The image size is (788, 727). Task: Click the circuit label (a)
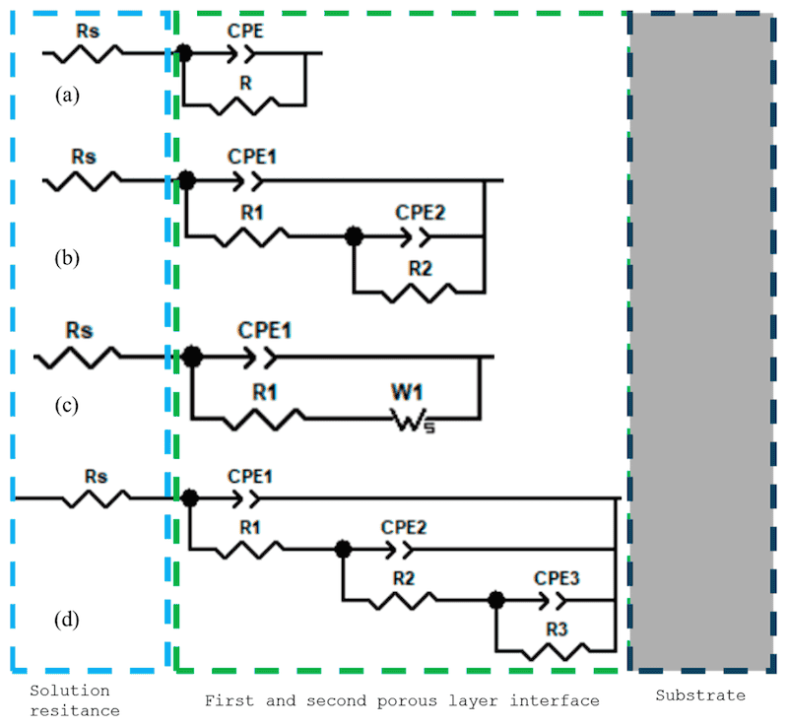tap(67, 95)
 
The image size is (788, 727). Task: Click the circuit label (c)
tap(67, 405)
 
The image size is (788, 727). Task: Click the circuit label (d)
tap(67, 621)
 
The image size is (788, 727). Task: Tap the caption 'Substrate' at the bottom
tap(700, 695)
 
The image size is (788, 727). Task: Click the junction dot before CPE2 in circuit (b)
tap(354, 236)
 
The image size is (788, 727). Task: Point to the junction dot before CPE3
tap(497, 598)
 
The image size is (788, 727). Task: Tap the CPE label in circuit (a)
tap(244, 31)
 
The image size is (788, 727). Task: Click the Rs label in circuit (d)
tap(95, 476)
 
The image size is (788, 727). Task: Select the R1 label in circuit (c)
tap(264, 392)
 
